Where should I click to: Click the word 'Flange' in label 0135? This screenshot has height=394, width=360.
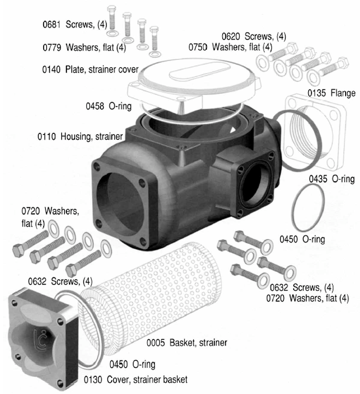point(343,93)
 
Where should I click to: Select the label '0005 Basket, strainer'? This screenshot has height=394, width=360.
point(187,343)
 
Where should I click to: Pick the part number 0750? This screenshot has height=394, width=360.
point(198,47)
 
